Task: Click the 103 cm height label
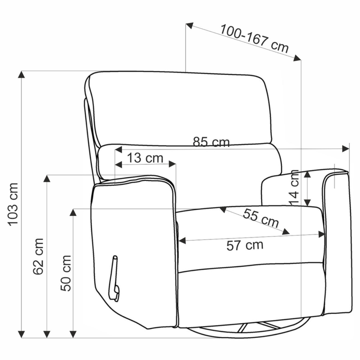13,204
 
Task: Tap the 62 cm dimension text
38,256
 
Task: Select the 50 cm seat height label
66,273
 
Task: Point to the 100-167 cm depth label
254,39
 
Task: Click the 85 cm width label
211,142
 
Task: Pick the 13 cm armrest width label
145,158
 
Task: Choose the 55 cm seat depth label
261,218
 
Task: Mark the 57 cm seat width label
244,245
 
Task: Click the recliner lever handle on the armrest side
114,278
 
